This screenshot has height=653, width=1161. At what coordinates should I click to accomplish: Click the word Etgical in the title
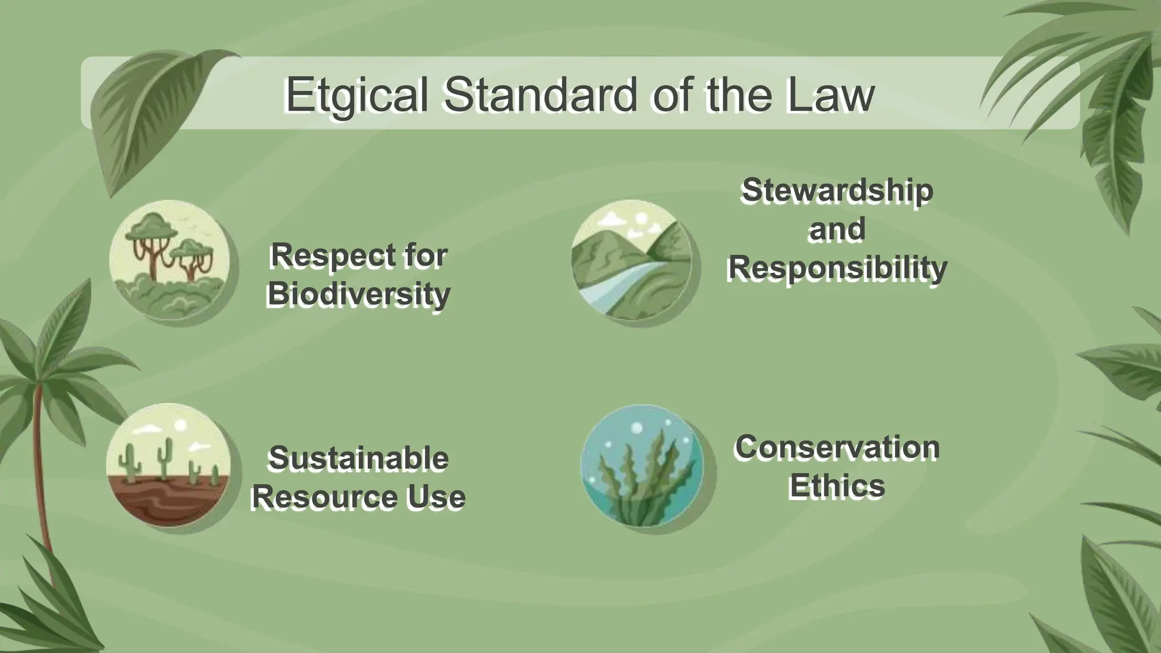(356, 95)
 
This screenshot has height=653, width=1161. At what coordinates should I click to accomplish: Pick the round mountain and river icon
(632, 260)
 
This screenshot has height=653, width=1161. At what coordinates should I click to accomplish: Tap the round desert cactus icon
(168, 465)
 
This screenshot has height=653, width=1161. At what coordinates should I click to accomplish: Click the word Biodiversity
(358, 294)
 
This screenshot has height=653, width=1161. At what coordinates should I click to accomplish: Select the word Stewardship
(837, 190)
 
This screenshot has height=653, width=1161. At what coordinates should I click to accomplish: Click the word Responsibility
(837, 268)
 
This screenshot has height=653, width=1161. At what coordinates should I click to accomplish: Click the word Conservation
(837, 447)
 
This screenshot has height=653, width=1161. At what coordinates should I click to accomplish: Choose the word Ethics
(837, 486)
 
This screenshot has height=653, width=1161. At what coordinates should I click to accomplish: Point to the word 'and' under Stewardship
(837, 229)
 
